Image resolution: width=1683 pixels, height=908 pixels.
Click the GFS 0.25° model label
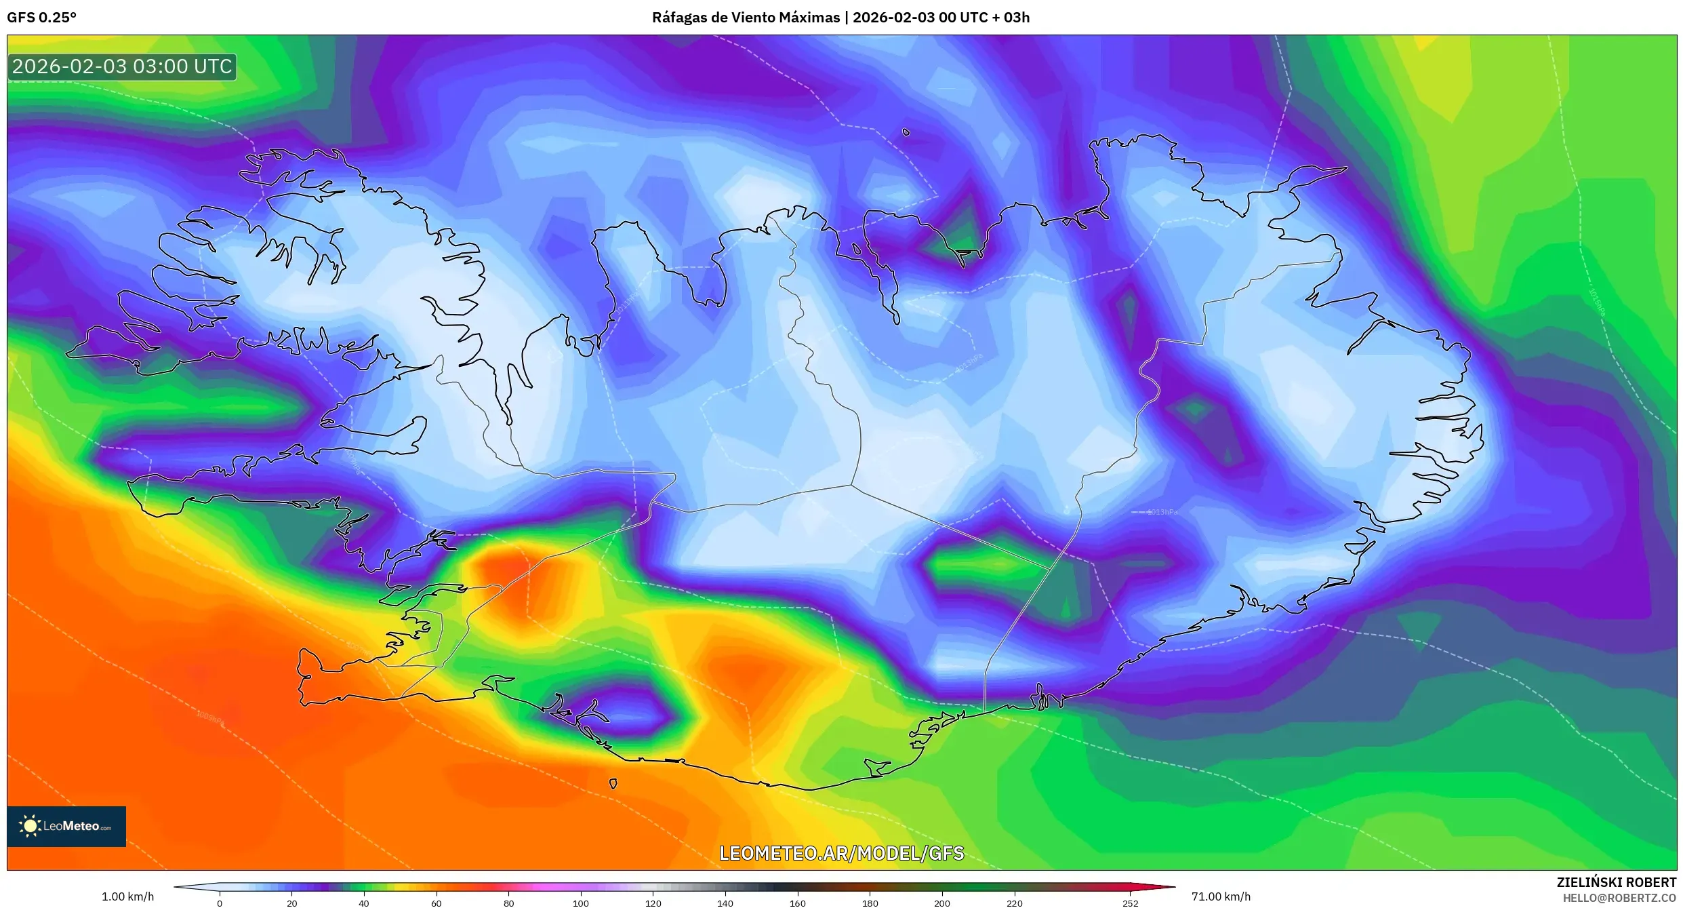pos(41,18)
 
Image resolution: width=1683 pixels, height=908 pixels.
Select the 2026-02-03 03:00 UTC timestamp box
pos(122,67)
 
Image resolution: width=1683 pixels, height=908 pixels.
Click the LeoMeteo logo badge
pos(66,826)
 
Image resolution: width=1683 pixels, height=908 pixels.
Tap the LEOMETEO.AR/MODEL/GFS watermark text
pos(841,853)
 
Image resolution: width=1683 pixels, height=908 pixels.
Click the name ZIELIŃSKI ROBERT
pos(1616,882)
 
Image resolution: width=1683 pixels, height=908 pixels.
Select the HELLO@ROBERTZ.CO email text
pos(1619,898)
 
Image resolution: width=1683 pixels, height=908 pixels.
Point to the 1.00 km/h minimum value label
pos(127,896)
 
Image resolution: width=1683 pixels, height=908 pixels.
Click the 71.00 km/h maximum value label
pos(1221,896)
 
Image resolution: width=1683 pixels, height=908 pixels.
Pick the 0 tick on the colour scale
pos(220,903)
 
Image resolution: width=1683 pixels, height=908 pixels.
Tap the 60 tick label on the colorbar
pos(436,903)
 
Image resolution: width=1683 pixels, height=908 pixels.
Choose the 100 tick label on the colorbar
pos(581,903)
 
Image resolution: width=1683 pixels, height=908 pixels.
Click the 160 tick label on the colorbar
pos(798,903)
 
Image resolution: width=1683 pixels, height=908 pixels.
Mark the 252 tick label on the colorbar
pos(1130,903)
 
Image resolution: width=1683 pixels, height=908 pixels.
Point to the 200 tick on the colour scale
pos(942,903)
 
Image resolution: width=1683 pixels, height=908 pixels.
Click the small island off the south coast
pos(613,784)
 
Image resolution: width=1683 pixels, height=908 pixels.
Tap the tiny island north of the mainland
pos(906,132)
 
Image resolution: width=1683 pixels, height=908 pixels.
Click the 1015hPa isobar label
pos(1596,302)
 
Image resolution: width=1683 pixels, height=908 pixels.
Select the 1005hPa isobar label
pos(211,717)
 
